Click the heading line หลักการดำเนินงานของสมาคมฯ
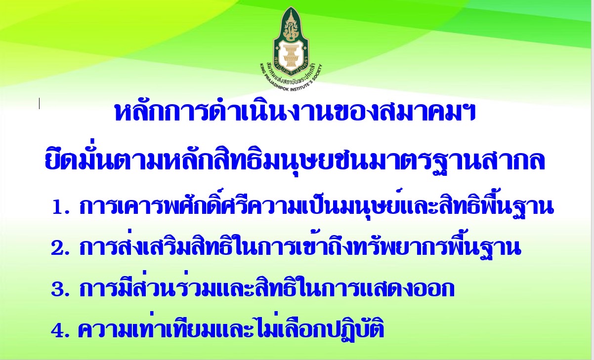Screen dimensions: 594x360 click(295, 112)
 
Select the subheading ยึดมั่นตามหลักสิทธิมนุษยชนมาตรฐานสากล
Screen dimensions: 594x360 click(295, 160)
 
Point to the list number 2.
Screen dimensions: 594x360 click(60, 248)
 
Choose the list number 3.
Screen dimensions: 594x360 click(60, 289)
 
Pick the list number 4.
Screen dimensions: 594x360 click(60, 330)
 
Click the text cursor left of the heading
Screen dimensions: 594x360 click(39, 103)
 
